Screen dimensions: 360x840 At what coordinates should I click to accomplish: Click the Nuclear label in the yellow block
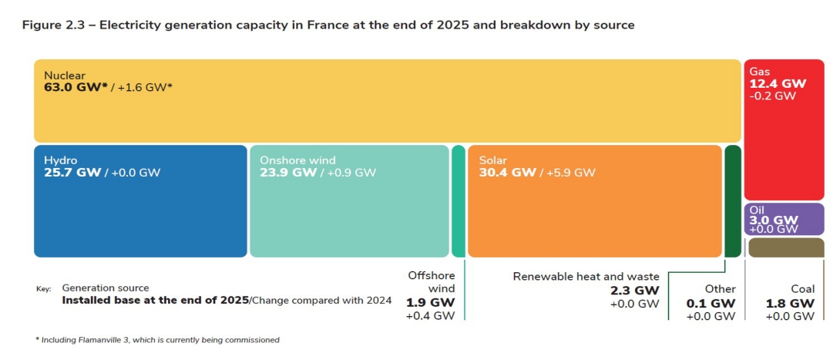pos(64,76)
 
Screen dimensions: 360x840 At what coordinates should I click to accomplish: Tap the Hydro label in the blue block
pos(61,160)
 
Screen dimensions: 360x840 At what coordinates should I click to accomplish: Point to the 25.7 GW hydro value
pos(72,173)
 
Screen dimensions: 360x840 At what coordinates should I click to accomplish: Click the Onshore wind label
pos(298,160)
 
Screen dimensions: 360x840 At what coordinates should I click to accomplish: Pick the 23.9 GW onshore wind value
pos(288,173)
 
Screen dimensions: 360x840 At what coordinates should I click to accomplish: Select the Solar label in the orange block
pos(493,160)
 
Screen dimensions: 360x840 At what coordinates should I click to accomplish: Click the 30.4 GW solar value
pos(507,173)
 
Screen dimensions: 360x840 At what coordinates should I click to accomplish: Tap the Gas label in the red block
pos(759,71)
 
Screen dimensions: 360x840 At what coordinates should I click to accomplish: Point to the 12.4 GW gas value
pos(778,83)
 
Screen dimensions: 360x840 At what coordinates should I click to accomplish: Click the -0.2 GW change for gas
pos(772,96)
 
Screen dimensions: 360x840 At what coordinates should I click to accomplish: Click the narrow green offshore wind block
pos(459,200)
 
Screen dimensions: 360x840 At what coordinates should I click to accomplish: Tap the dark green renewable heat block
pos(732,200)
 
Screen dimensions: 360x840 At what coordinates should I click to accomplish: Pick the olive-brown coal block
pos(785,247)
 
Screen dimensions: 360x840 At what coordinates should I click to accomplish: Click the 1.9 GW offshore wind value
pos(431,302)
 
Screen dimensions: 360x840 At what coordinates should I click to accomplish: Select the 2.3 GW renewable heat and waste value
pos(634,291)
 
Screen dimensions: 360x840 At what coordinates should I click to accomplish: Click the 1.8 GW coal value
pos(790,303)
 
